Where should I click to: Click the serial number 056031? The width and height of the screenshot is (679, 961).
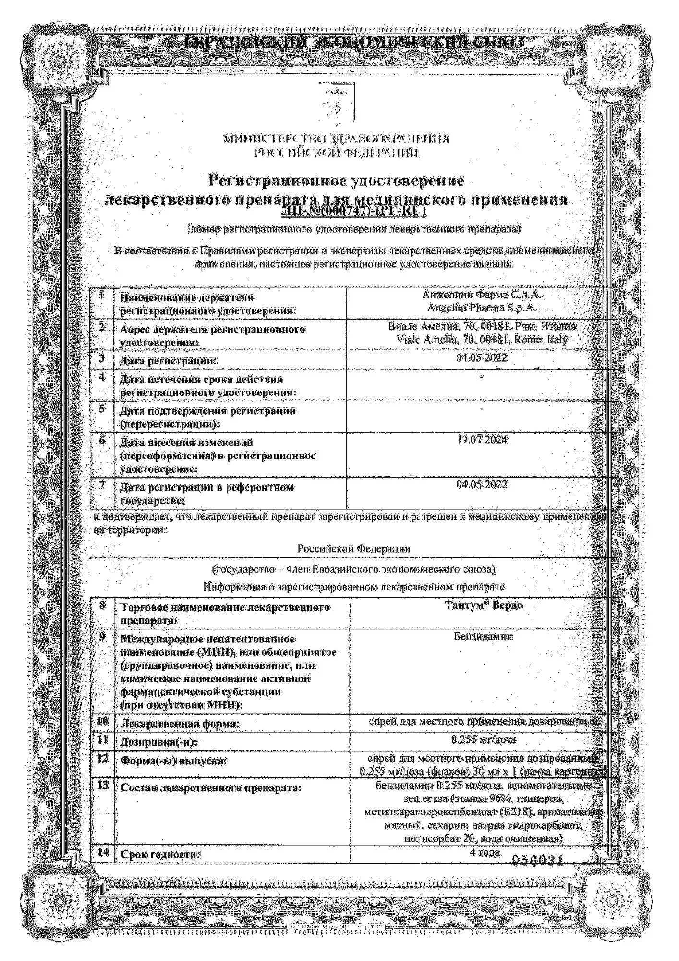point(537,861)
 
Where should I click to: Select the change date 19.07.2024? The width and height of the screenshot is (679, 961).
point(482,439)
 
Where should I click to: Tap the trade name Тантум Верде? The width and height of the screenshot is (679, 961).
point(484,605)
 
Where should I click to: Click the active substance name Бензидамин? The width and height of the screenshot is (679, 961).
point(483,637)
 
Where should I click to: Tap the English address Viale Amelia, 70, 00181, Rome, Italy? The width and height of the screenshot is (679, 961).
point(483,340)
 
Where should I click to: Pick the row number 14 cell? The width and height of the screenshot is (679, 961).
point(102,853)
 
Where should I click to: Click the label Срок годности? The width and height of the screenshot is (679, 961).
point(160,855)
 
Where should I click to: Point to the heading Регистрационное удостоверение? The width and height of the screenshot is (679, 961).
point(337,181)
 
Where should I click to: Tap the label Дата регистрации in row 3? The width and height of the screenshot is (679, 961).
point(168,360)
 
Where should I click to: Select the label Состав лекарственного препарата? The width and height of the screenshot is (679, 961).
point(211,788)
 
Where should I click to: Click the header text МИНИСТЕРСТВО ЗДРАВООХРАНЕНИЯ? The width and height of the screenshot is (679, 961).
point(337,139)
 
